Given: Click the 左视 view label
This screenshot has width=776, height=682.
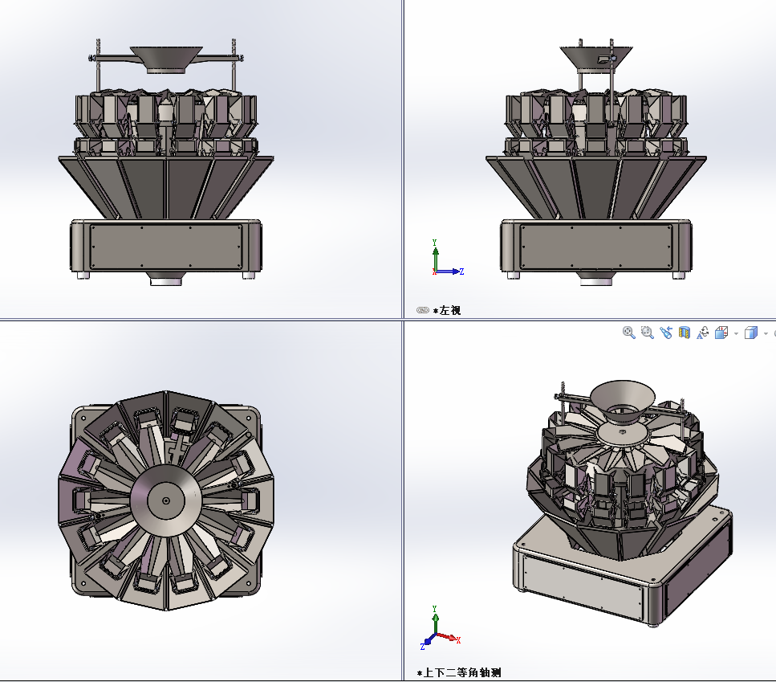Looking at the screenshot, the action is click(450, 311).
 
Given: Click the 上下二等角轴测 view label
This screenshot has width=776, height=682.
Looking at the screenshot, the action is click(462, 672).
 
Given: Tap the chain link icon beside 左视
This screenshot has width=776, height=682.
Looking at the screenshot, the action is click(423, 310).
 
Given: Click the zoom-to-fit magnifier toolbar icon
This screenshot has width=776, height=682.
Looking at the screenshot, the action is click(628, 333).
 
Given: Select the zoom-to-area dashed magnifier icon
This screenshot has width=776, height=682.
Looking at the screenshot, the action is click(648, 333).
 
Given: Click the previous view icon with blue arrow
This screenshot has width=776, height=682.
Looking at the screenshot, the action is click(665, 333).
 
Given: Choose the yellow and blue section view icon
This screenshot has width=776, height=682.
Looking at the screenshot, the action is click(685, 333).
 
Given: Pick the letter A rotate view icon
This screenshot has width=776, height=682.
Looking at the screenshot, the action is click(703, 333).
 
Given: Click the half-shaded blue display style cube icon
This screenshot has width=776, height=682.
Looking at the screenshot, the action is click(751, 333).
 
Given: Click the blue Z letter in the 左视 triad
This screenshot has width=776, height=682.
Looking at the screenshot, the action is click(461, 272).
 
